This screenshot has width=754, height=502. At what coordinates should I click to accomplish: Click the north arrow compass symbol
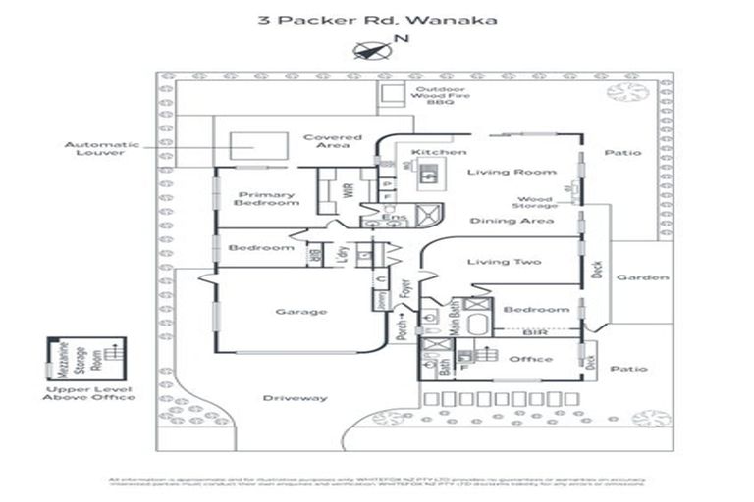click(369, 49)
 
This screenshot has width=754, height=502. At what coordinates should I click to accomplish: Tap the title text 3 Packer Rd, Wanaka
click(376, 19)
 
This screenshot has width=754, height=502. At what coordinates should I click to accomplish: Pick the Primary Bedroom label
click(266, 198)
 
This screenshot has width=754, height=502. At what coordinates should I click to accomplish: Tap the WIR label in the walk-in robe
click(349, 191)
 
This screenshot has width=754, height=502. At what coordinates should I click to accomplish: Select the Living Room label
click(498, 172)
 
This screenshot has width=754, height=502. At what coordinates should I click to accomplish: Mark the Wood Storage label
click(534, 203)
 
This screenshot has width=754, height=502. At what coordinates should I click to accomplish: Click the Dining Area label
click(498, 221)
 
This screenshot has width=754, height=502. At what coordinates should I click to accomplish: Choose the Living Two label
click(502, 262)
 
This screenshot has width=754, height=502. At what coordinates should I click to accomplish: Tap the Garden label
click(643, 277)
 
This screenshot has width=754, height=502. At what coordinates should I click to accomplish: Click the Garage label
click(300, 311)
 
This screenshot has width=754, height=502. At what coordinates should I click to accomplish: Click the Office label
click(530, 359)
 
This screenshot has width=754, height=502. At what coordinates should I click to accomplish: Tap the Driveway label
click(295, 397)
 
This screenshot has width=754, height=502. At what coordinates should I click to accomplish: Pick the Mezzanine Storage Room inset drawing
click(86, 359)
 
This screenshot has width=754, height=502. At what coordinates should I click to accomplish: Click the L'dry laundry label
click(342, 254)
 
